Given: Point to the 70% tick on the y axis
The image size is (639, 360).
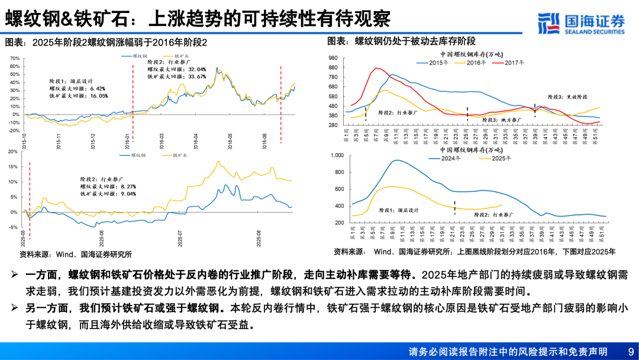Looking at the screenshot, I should coord(15,59).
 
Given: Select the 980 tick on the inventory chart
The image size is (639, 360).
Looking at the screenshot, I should coord(332,57).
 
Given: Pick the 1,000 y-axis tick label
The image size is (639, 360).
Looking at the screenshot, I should coord(335,155).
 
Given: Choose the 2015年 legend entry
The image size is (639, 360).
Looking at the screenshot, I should coord(437,62).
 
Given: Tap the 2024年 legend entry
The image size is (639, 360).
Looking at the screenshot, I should coord(450,159).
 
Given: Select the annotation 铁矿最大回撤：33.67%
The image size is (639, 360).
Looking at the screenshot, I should coord(176,76).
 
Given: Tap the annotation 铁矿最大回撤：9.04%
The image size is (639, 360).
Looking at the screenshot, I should coord(108,193).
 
